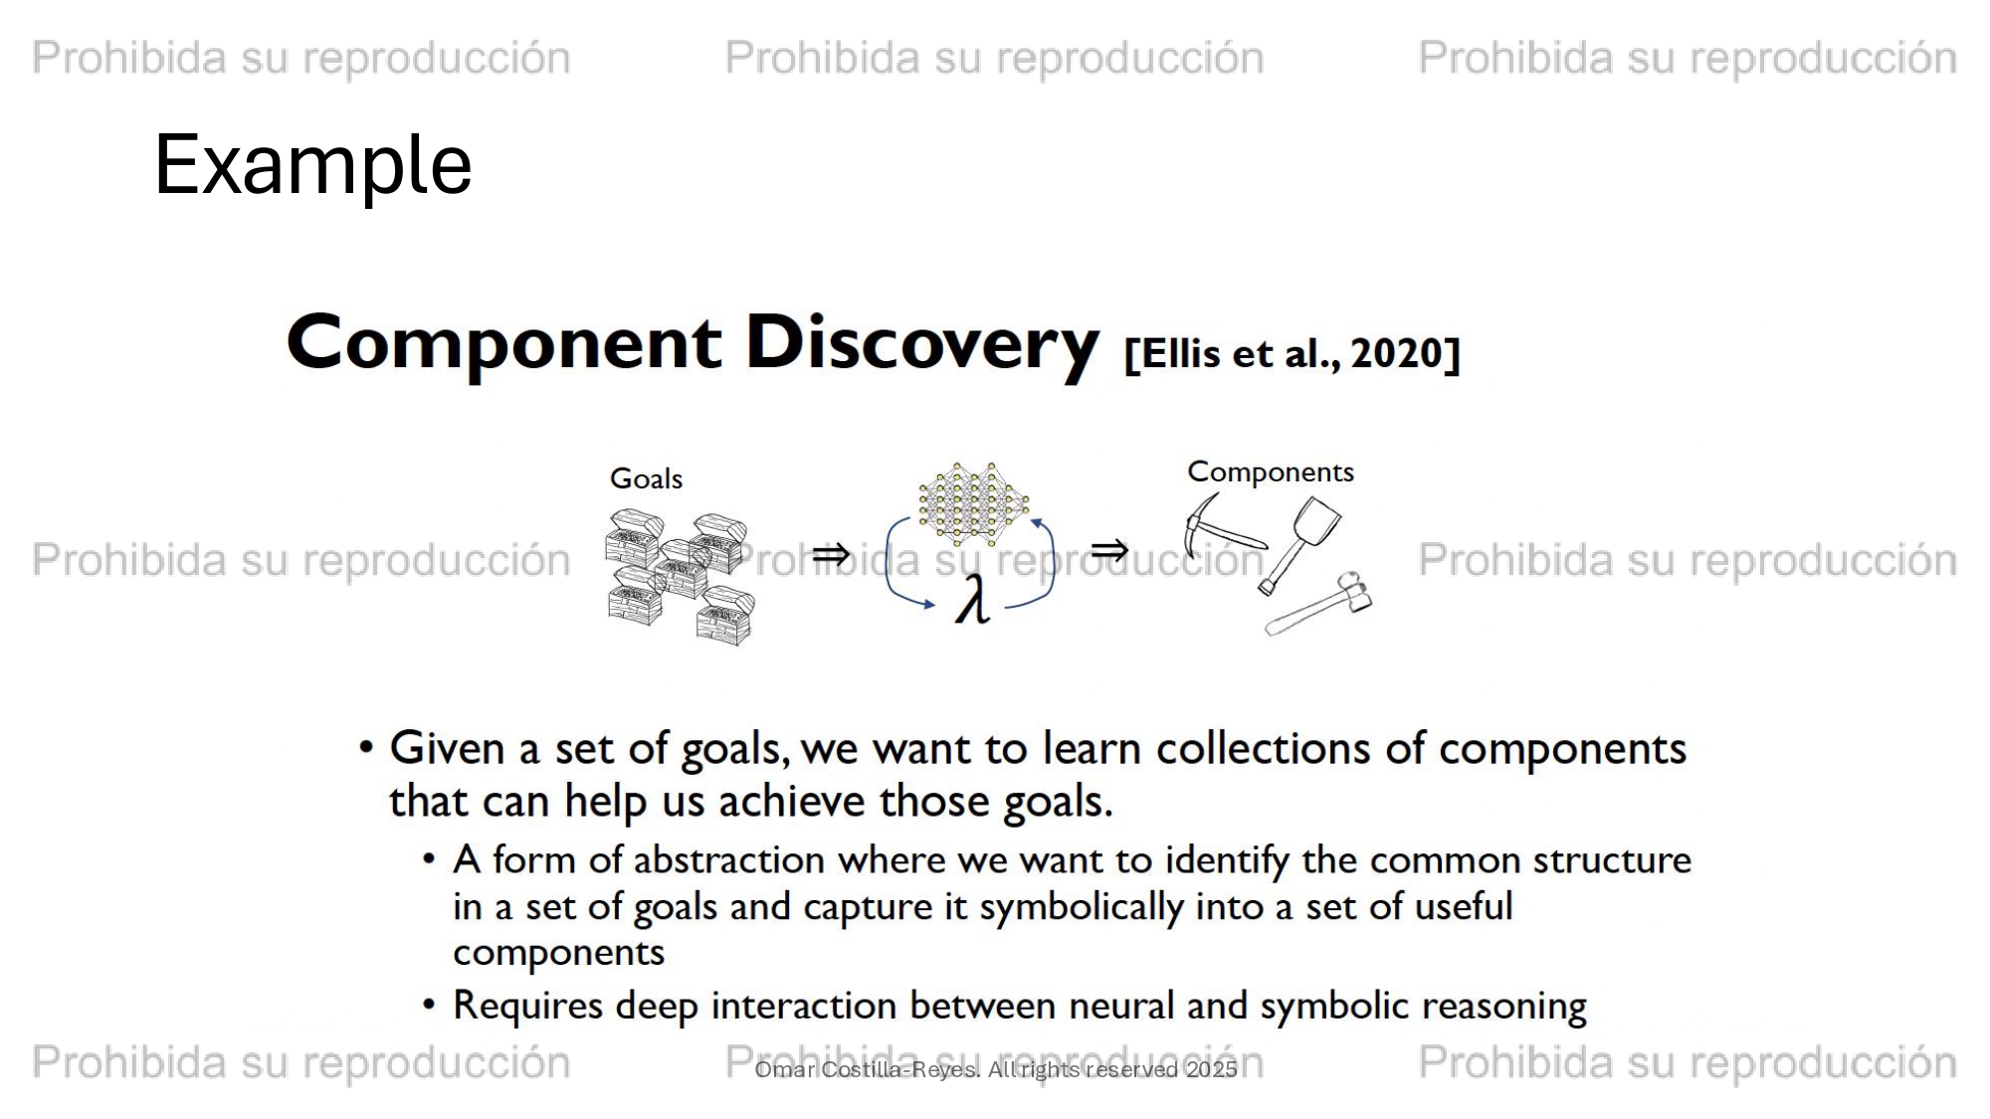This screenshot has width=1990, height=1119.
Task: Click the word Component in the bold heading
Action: [x=503, y=344]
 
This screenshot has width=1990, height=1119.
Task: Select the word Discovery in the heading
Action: [x=922, y=344]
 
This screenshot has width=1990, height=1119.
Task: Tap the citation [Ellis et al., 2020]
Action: [x=1292, y=353]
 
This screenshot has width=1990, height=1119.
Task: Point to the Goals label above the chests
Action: [x=646, y=478]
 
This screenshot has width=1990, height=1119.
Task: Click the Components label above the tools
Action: [x=1271, y=472]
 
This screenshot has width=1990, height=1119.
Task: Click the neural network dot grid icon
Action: [x=973, y=503]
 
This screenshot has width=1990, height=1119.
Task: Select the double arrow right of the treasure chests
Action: [x=831, y=554]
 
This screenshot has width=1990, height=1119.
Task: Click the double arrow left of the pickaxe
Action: [x=1109, y=549]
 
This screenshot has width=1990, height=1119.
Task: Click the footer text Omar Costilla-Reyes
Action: [x=867, y=1070]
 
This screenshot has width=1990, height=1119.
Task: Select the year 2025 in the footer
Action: [x=1211, y=1070]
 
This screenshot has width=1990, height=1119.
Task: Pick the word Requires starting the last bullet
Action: [x=527, y=1007]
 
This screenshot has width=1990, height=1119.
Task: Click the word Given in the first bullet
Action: [x=448, y=748]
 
